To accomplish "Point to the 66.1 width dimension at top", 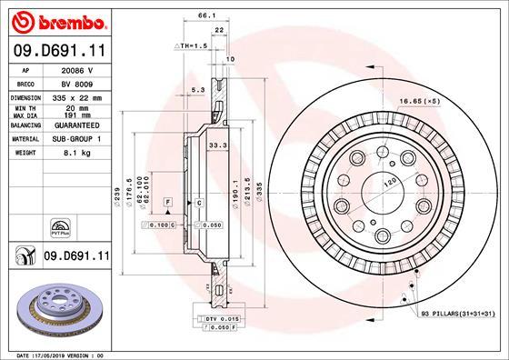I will click(x=206, y=15).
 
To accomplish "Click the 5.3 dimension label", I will click(x=197, y=89).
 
